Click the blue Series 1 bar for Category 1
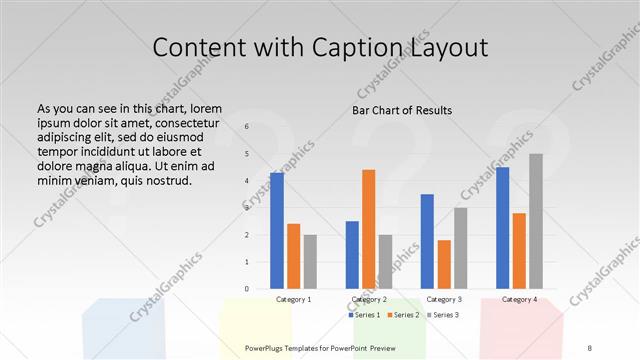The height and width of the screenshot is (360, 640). coord(277,230)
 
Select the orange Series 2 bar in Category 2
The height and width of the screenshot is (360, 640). coord(368,229)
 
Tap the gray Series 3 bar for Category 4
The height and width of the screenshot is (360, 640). coord(536,221)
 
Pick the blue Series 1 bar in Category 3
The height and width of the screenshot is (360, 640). coord(427,241)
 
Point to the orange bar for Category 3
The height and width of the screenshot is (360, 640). coord(444,264)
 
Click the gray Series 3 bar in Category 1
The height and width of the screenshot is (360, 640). coord(310,262)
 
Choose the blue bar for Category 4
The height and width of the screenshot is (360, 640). coord(502,227)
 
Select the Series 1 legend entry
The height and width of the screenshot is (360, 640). coord(364,315)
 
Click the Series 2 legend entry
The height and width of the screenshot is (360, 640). coord(403,315)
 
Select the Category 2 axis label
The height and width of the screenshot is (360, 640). coord(369,299)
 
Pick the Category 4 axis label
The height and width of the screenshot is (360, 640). coord(519,299)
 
